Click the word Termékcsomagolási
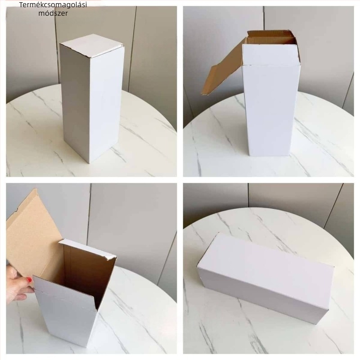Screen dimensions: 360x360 pos(53,5)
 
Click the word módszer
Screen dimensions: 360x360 pos(53,13)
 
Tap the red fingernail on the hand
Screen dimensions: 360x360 pos(29,279)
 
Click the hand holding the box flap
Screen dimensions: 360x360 pos(18,283)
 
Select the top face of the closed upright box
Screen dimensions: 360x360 pos(92,46)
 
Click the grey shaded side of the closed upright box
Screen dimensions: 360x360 pos(75,101)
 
